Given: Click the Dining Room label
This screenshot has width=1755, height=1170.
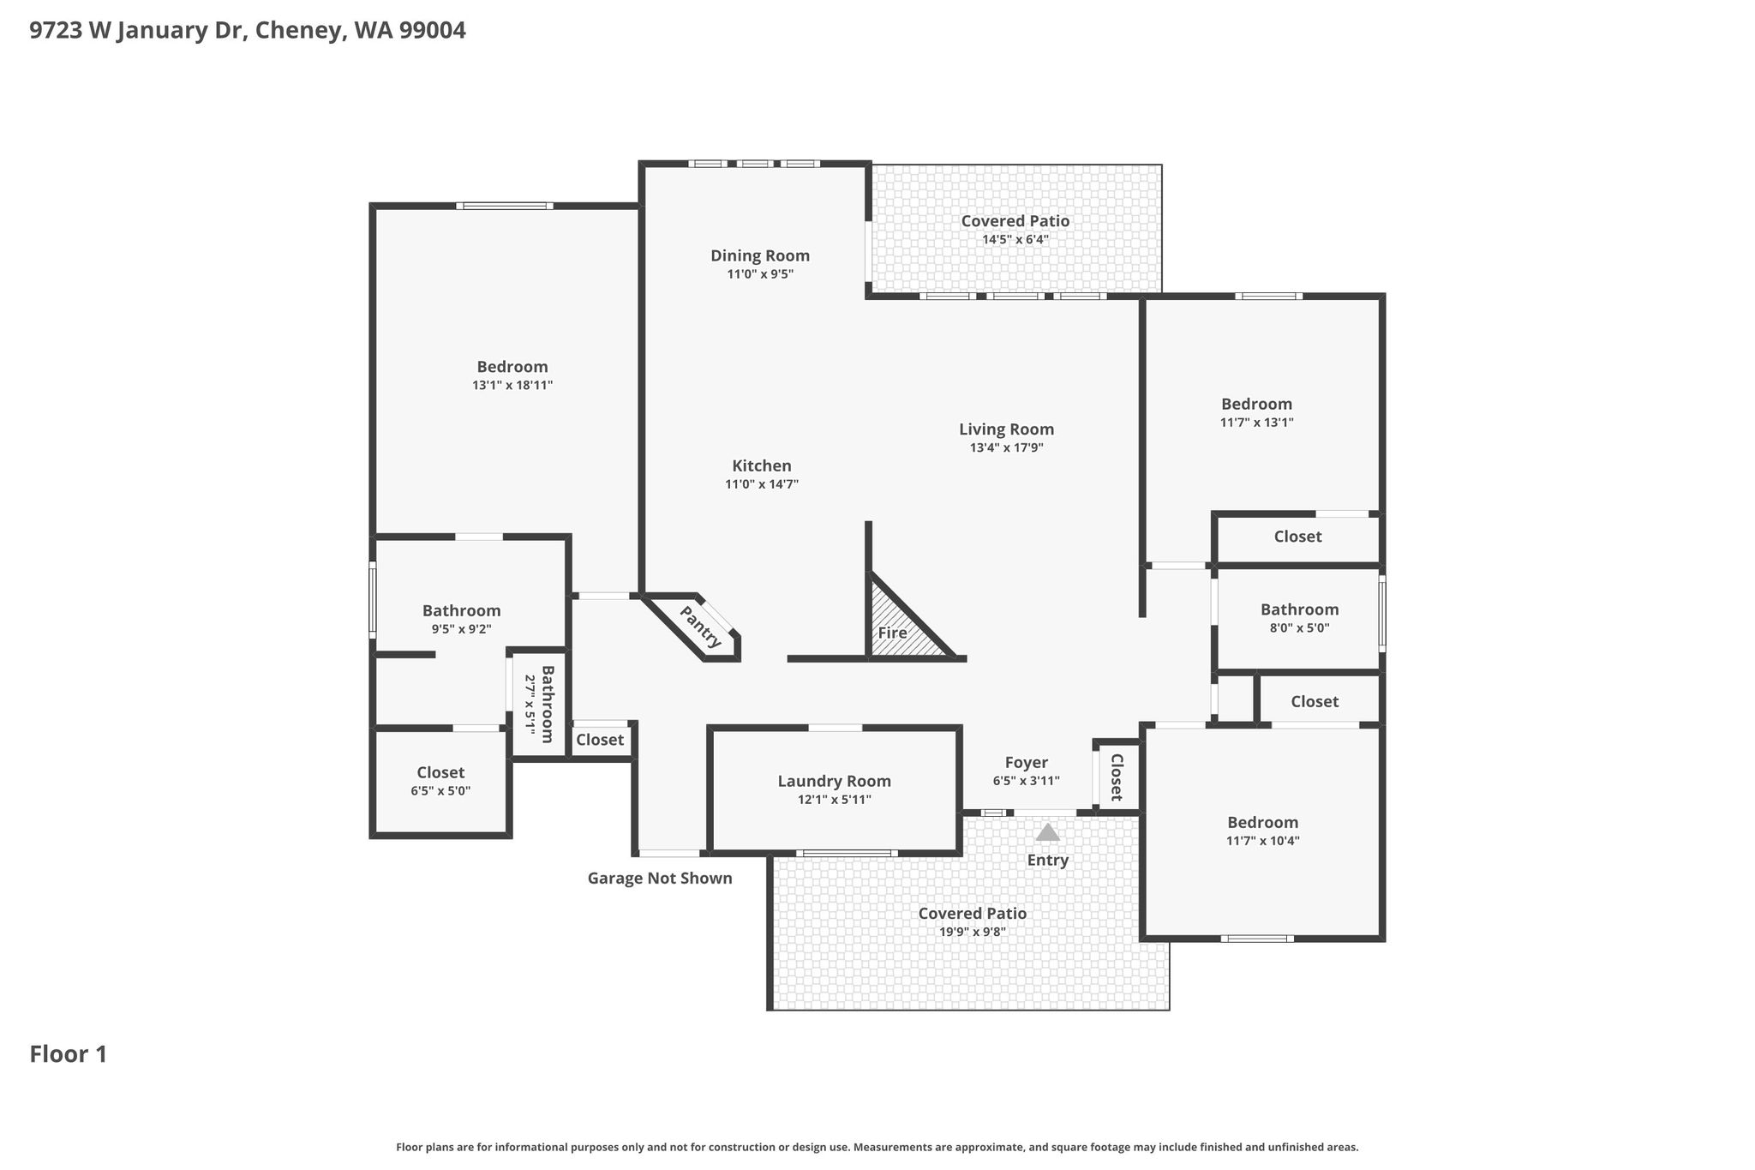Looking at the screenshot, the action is (x=759, y=255).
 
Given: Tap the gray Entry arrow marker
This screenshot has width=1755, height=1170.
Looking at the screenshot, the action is (x=1047, y=832).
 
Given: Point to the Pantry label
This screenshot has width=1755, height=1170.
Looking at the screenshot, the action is (x=700, y=627).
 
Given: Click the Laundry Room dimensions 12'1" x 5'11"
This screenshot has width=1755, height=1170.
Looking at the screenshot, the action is (x=834, y=800).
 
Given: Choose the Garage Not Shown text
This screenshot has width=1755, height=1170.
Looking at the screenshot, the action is (x=660, y=878).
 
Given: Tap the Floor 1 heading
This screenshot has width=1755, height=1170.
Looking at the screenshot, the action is (x=69, y=1054).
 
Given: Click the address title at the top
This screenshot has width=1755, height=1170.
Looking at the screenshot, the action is (x=248, y=31).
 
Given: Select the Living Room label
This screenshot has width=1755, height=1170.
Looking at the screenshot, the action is (x=1006, y=429).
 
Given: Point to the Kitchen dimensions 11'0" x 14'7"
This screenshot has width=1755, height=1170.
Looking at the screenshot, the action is (x=762, y=484).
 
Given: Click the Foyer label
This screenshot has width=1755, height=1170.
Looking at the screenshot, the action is (x=1026, y=763).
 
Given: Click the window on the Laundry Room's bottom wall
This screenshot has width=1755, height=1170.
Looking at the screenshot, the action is (x=847, y=853).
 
